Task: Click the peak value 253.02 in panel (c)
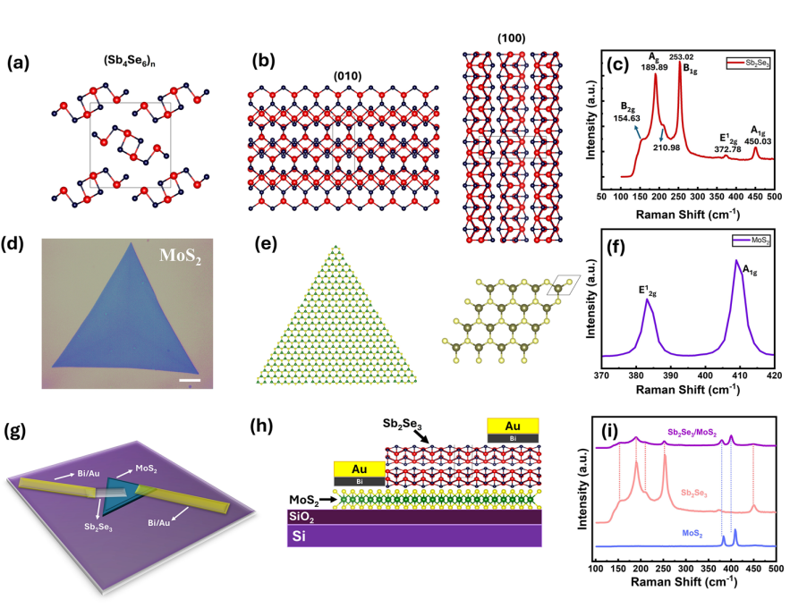click(x=681, y=57)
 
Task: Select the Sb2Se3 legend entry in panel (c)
click(x=749, y=63)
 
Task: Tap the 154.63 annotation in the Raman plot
click(x=627, y=118)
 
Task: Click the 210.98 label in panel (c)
click(x=667, y=148)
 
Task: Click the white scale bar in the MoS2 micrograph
click(x=190, y=380)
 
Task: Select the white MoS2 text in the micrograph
click(x=181, y=256)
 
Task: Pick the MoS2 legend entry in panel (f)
click(x=752, y=241)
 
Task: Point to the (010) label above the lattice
click(x=348, y=76)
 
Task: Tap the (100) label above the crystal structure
click(x=512, y=38)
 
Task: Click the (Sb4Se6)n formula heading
click(x=130, y=61)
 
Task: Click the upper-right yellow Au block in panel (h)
click(x=513, y=426)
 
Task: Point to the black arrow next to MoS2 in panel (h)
click(x=328, y=500)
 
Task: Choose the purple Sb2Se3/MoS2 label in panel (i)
click(x=692, y=433)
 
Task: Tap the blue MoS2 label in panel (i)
click(x=692, y=534)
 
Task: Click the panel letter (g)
click(x=14, y=431)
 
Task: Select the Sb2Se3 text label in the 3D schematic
click(x=98, y=528)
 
